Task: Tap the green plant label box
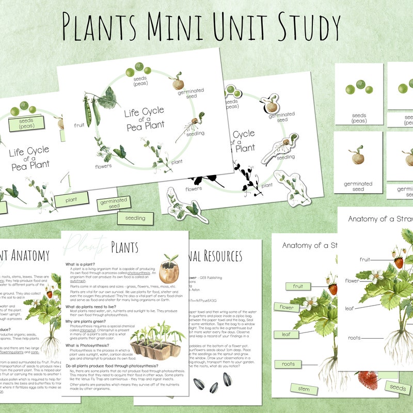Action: click(x=72, y=199)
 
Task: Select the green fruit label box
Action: click(x=298, y=286)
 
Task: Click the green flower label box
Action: click(x=287, y=308)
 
